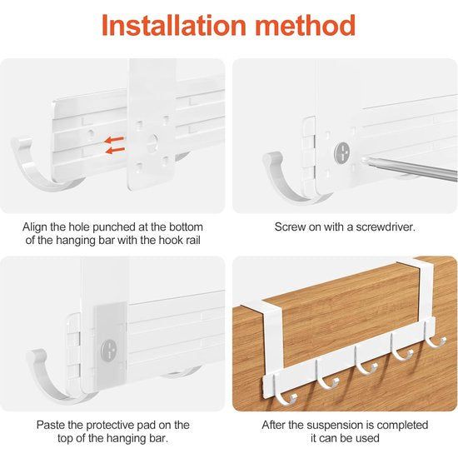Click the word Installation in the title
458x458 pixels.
point(174,26)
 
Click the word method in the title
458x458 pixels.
point(306,26)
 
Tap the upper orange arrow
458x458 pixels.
point(115,140)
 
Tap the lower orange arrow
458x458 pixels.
point(115,151)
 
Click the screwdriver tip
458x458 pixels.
point(363,160)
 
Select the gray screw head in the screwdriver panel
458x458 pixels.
point(341,152)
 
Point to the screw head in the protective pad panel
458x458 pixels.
point(109,351)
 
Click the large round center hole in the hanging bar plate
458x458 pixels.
point(152,142)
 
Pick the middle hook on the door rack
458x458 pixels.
point(364,362)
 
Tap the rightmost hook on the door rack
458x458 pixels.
point(435,336)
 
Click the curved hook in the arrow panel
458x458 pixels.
point(41,169)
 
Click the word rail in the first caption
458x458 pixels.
point(193,240)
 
